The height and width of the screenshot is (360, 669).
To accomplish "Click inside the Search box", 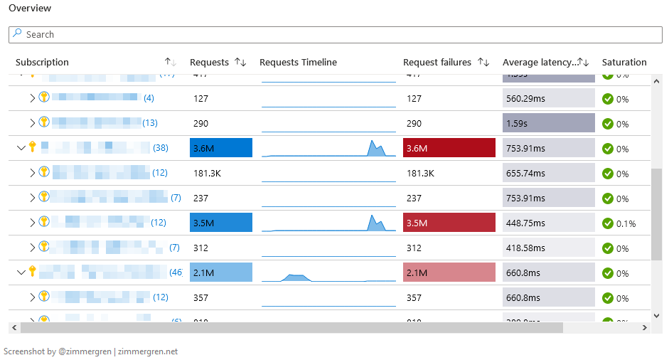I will tap(334, 34).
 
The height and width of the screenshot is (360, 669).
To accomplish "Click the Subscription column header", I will tap(42, 63).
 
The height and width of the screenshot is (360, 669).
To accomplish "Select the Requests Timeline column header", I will tap(298, 63).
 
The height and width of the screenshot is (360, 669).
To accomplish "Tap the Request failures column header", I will tap(437, 63).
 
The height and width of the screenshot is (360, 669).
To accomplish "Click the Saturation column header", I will tap(623, 63).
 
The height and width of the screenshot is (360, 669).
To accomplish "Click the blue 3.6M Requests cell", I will tap(221, 148).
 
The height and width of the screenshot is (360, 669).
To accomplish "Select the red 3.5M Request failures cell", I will tap(449, 223).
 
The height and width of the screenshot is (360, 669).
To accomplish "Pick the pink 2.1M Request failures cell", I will tap(449, 272).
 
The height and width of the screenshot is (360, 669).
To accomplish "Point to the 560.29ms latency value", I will tap(525, 99).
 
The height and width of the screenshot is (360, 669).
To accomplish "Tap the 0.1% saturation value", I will tap(626, 223).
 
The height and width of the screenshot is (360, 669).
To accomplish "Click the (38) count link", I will tap(161, 148).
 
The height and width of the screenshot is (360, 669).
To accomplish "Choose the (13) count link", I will tap(150, 123).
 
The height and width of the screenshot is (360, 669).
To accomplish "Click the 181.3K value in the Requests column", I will tap(207, 173).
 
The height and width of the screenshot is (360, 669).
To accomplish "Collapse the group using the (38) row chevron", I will tap(21, 148).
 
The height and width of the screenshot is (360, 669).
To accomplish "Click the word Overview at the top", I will tap(30, 8).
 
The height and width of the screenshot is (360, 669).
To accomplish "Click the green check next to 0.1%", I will tap(608, 223).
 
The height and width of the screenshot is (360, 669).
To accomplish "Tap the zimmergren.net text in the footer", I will tap(148, 351).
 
